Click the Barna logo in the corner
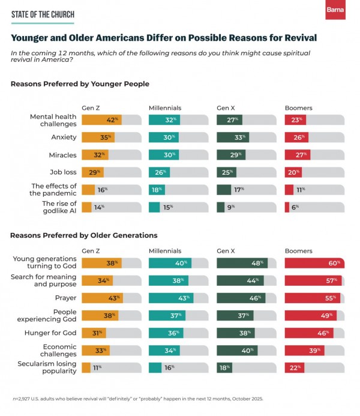pos(335,10)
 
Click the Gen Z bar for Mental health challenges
pos(101,119)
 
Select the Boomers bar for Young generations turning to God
pos(314,262)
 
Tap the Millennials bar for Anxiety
pos(163,137)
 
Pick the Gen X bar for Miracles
pos(229,155)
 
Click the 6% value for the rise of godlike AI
pos(295,207)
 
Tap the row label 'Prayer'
pos(67,297)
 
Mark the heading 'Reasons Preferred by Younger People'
pos(80,84)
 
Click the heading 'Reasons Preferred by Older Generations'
pos(84,235)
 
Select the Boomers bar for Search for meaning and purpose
pos(313,280)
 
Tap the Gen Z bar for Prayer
pos(102,297)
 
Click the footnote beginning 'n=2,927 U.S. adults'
pos(137,399)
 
